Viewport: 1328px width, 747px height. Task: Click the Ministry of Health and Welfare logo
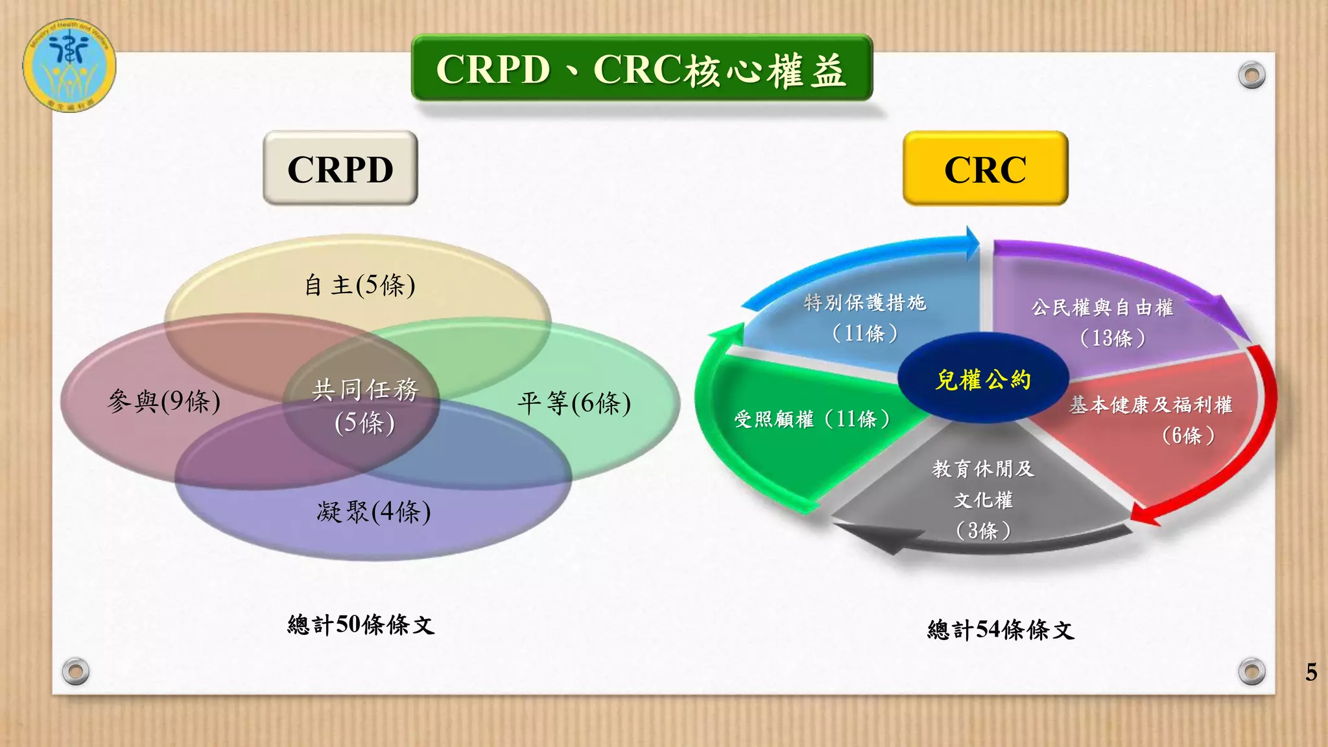pyautogui.click(x=69, y=65)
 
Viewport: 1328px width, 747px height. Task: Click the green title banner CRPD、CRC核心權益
pyautogui.click(x=641, y=69)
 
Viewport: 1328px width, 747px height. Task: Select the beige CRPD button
pyautogui.click(x=340, y=169)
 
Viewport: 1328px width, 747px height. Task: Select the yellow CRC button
pyautogui.click(x=984, y=169)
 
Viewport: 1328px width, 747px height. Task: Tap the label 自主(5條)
pyautogui.click(x=360, y=285)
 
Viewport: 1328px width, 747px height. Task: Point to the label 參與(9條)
pyautogui.click(x=164, y=401)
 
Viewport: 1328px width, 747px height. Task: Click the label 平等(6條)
pyautogui.click(x=574, y=403)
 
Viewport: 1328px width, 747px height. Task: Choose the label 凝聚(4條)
pyautogui.click(x=373, y=512)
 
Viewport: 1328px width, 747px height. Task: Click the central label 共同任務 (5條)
pyautogui.click(x=364, y=406)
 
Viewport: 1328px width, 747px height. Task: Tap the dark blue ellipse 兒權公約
pyautogui.click(x=983, y=379)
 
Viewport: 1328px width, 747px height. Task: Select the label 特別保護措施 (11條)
pyautogui.click(x=865, y=318)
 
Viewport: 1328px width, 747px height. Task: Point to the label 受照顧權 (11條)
pyautogui.click(x=812, y=419)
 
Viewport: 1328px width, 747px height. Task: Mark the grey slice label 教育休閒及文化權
pyautogui.click(x=983, y=498)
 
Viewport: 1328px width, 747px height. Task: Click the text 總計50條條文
pyautogui.click(x=361, y=624)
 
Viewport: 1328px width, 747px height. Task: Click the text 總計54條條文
pyautogui.click(x=1001, y=630)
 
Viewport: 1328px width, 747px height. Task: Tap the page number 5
pyautogui.click(x=1310, y=672)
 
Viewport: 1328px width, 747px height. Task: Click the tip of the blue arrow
pyautogui.click(x=977, y=244)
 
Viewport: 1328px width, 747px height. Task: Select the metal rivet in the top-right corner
pyautogui.click(x=1251, y=75)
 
